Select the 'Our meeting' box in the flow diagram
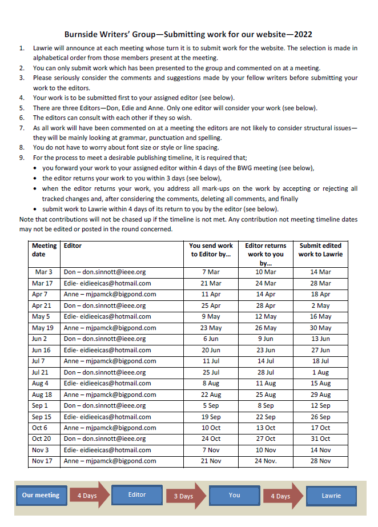coord(41,496)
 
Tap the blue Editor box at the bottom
coord(137,495)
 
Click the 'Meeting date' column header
coord(44,250)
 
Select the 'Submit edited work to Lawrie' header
coord(320,250)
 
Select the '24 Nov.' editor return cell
coord(266,461)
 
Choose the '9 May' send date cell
coord(211,316)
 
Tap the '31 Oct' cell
coord(321,439)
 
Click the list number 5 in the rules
coord(22,107)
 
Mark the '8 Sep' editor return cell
coord(266,405)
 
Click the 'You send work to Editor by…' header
coord(211,250)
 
